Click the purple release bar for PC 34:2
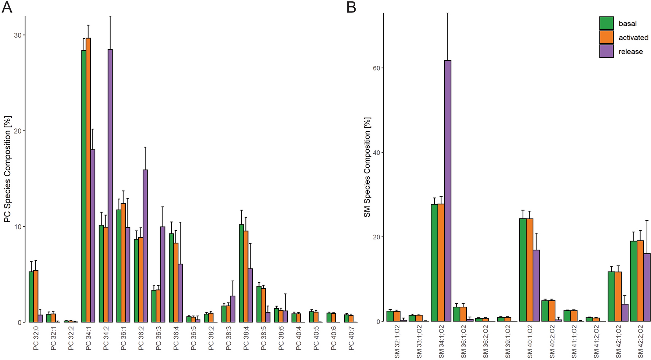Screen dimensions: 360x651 pyautogui.click(x=110, y=186)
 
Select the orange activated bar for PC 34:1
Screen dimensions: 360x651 pyautogui.click(x=88, y=180)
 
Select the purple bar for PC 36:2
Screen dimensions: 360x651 pyautogui.click(x=145, y=246)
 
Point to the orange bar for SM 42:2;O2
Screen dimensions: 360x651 pyautogui.click(x=640, y=281)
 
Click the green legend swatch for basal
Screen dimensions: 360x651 pyautogui.click(x=606, y=23)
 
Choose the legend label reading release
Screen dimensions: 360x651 pyautogui.click(x=630, y=51)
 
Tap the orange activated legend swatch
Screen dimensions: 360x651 pyautogui.click(x=606, y=37)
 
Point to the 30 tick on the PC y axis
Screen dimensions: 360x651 pyautogui.click(x=17, y=35)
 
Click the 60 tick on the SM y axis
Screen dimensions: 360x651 pyautogui.click(x=376, y=68)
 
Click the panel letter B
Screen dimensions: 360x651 pyautogui.click(x=351, y=7)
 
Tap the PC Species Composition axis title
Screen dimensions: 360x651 pyautogui.click(x=7, y=169)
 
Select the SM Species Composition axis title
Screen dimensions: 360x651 pyautogui.click(x=367, y=167)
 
